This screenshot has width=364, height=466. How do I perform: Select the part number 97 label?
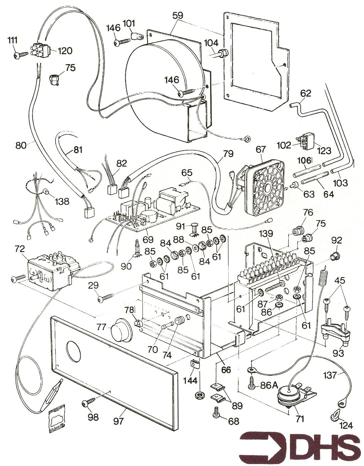click(x=118, y=421)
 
